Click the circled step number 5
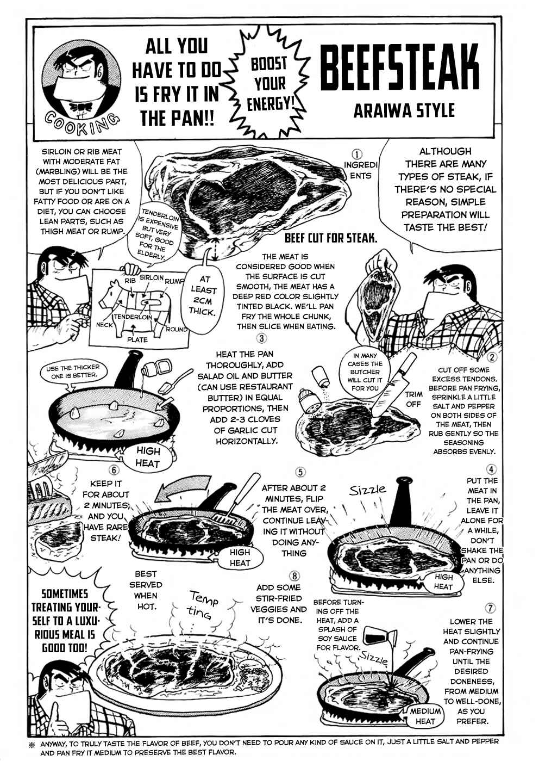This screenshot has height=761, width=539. pos(300,472)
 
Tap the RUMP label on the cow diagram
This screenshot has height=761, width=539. pos(174,281)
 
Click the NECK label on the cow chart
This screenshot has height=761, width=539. pos(104,324)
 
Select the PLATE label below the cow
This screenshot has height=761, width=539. pos(137,339)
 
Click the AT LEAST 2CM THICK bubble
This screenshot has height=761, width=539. pos(203,295)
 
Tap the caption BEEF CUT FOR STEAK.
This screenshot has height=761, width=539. pos(331,238)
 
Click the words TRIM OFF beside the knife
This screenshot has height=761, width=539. pos(413,399)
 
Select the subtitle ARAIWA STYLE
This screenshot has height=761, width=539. pos(404,111)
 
